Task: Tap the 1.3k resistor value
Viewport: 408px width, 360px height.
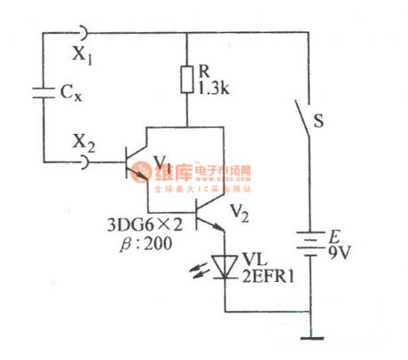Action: click(213, 88)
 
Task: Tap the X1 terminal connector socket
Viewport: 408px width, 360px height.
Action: click(82, 33)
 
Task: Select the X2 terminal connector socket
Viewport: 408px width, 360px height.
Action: click(82, 161)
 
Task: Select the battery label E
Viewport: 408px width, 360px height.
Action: click(333, 236)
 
